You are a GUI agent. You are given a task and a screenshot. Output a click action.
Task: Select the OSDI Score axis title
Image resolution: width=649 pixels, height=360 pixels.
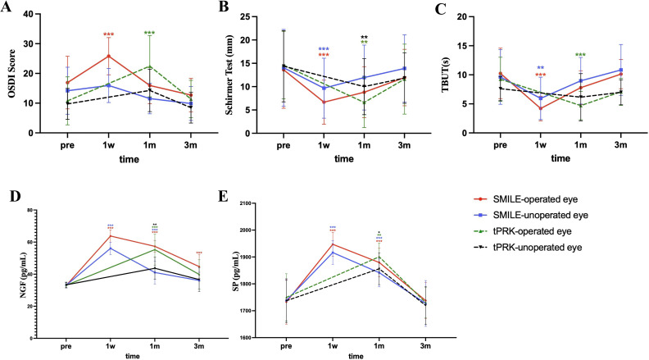click(11, 73)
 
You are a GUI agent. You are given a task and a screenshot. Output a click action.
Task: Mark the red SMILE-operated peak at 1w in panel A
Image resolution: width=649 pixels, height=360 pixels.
click(108, 56)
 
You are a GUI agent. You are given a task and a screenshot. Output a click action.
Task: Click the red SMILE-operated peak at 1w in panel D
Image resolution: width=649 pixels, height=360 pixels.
click(111, 236)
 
